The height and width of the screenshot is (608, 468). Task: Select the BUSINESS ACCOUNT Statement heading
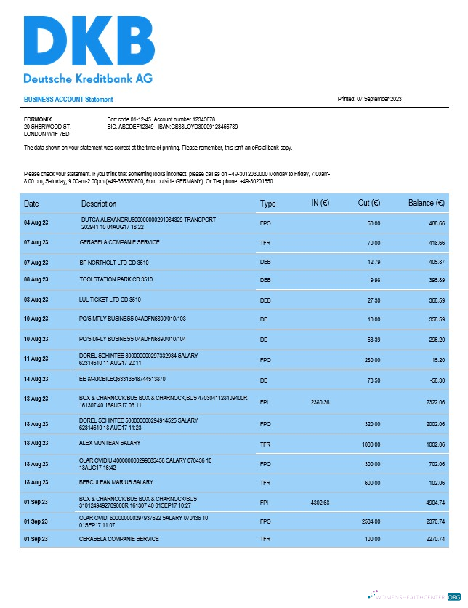pyautogui.click(x=68, y=100)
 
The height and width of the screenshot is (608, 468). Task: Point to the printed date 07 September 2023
pyautogui.click(x=370, y=100)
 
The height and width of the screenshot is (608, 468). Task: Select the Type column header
pyautogui.click(x=268, y=204)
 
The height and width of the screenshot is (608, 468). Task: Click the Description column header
pyautogui.click(x=99, y=204)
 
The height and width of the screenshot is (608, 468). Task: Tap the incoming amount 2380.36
pyautogui.click(x=320, y=401)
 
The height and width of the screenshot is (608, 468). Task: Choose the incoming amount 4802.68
pyautogui.click(x=320, y=502)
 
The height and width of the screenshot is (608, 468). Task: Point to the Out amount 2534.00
pyautogui.click(x=369, y=521)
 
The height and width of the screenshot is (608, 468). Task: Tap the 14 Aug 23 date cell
pyautogui.click(x=36, y=379)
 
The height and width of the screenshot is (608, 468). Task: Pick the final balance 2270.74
pyautogui.click(x=432, y=539)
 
